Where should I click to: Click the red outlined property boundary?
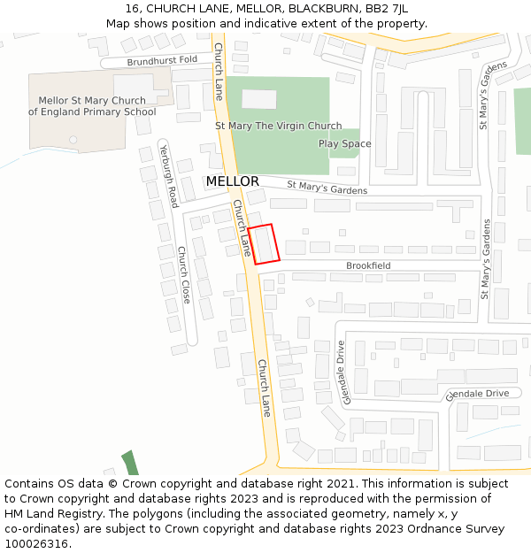pos(264,244)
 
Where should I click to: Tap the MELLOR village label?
pos(233,181)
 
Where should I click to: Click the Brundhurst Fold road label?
pos(162,61)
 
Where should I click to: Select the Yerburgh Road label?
pos(168,173)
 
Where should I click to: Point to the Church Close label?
pos(184,274)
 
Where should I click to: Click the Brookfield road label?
pos(368,265)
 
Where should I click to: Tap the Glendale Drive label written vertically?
pos(340,373)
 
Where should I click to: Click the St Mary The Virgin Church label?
pos(278,127)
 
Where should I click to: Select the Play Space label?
pos(344,143)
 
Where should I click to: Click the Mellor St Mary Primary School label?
pos(92,106)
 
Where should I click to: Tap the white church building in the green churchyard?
pos(258,99)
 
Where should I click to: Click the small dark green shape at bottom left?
pos(130,463)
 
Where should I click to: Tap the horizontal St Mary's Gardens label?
pos(327,188)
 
